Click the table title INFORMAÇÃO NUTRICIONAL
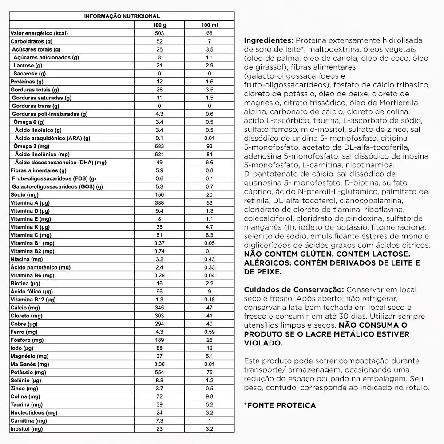click(122, 16)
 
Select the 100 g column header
click(159, 25)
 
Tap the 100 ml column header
click(210, 25)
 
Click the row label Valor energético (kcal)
click(39, 33)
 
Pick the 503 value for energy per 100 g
click(159, 33)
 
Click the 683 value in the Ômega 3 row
click(159, 146)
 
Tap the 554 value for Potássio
click(159, 372)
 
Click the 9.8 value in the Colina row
click(210, 396)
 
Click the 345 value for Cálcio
click(159, 308)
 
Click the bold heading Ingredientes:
click(268, 40)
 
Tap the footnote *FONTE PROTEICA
click(280, 405)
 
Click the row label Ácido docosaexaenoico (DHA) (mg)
click(60, 162)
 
